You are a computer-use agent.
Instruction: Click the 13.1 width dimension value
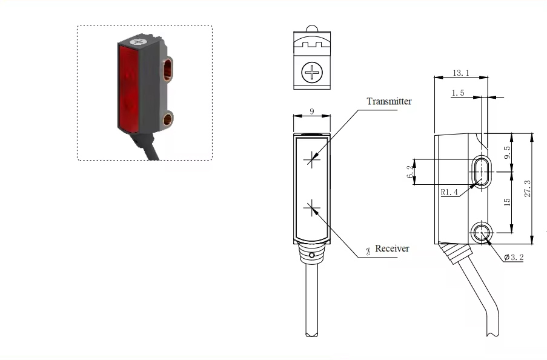461,73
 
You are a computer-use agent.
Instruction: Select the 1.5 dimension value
458,93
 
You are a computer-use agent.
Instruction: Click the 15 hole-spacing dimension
507,202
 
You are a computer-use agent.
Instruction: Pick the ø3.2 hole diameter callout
514,258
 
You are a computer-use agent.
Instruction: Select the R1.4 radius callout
449,192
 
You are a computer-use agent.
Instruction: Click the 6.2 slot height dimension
410,173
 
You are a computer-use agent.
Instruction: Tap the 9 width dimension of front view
311,111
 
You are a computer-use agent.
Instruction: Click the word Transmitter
389,101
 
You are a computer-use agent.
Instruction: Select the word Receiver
392,248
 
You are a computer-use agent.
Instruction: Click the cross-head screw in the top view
313,74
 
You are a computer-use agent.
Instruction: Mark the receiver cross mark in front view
313,209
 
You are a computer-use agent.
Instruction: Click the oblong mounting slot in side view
483,172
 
